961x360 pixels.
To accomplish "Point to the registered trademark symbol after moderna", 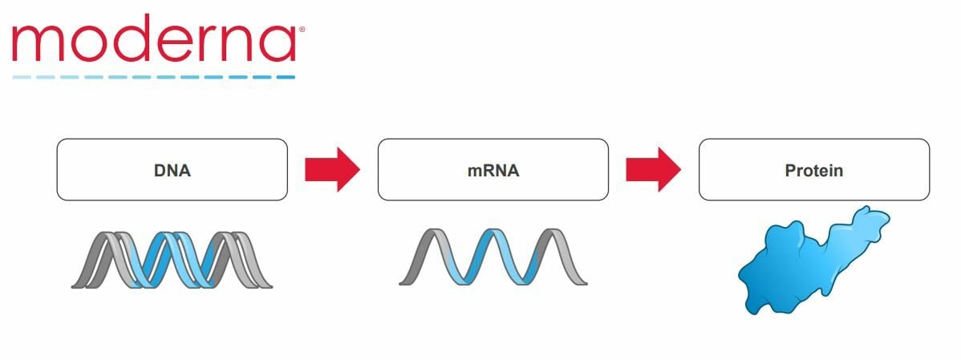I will pyautogui.click(x=302, y=30).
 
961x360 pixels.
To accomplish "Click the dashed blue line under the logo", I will pyautogui.click(x=152, y=77).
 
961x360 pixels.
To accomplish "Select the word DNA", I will pyautogui.click(x=172, y=171).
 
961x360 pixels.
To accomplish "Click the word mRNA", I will pyautogui.click(x=493, y=171).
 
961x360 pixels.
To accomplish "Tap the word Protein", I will pyautogui.click(x=813, y=171).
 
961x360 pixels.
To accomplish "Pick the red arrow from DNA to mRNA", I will pyautogui.click(x=332, y=169).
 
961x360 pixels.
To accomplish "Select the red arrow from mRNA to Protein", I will pyautogui.click(x=653, y=169).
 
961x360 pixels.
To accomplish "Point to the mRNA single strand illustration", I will pyautogui.click(x=493, y=257).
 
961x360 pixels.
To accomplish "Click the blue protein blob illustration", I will pyautogui.click(x=810, y=261).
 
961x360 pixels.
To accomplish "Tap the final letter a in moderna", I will pyautogui.click(x=276, y=44).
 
